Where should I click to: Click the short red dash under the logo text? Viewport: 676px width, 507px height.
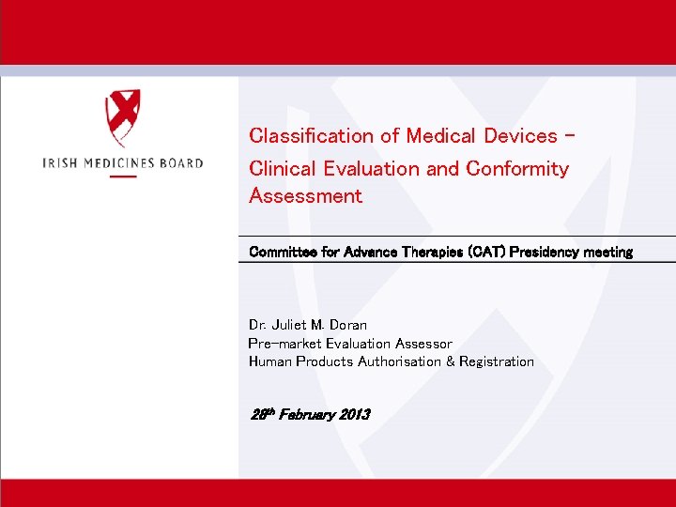[x=123, y=177]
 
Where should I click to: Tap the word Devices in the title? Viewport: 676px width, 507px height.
[x=520, y=136]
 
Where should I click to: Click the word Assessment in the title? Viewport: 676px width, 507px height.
[x=305, y=196]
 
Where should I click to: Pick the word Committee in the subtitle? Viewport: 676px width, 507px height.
[x=281, y=252]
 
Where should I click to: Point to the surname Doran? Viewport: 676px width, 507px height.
[x=346, y=326]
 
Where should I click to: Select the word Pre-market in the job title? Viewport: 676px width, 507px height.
[x=283, y=344]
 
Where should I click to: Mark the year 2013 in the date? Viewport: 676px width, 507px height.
[x=353, y=414]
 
